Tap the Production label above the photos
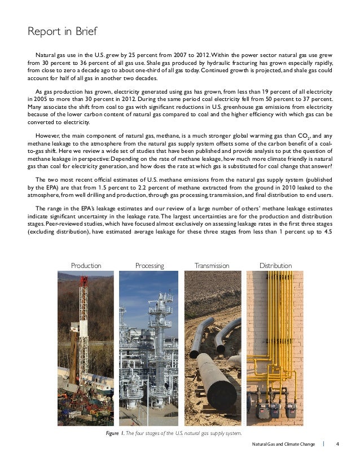click(x=86, y=265)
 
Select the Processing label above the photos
click(x=150, y=265)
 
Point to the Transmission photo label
click(x=212, y=265)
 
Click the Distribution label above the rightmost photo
click(x=275, y=265)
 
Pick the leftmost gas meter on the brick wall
click(x=262, y=409)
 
